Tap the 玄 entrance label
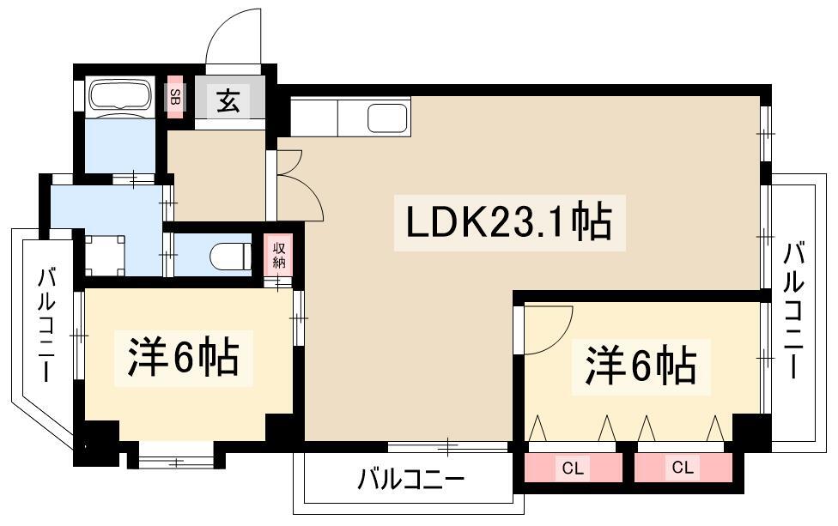pos(228,103)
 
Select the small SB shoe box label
pos(174,98)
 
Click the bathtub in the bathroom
pos(119,96)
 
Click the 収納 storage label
pos(279,256)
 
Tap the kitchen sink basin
pos(386,118)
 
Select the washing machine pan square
pos(105,254)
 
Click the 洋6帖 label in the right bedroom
pos(641,366)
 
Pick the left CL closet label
pos(573,469)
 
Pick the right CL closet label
pos(683,469)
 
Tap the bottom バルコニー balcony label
pos(411,479)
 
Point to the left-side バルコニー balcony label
pos(47,326)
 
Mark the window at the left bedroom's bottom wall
pos(175,462)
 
